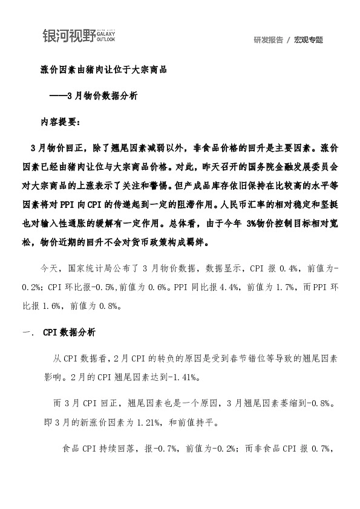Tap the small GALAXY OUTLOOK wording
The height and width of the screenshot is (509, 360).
tap(106, 35)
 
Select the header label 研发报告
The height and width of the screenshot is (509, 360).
tap(269, 40)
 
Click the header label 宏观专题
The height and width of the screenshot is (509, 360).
tap(309, 40)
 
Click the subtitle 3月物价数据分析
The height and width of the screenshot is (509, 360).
tap(102, 96)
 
